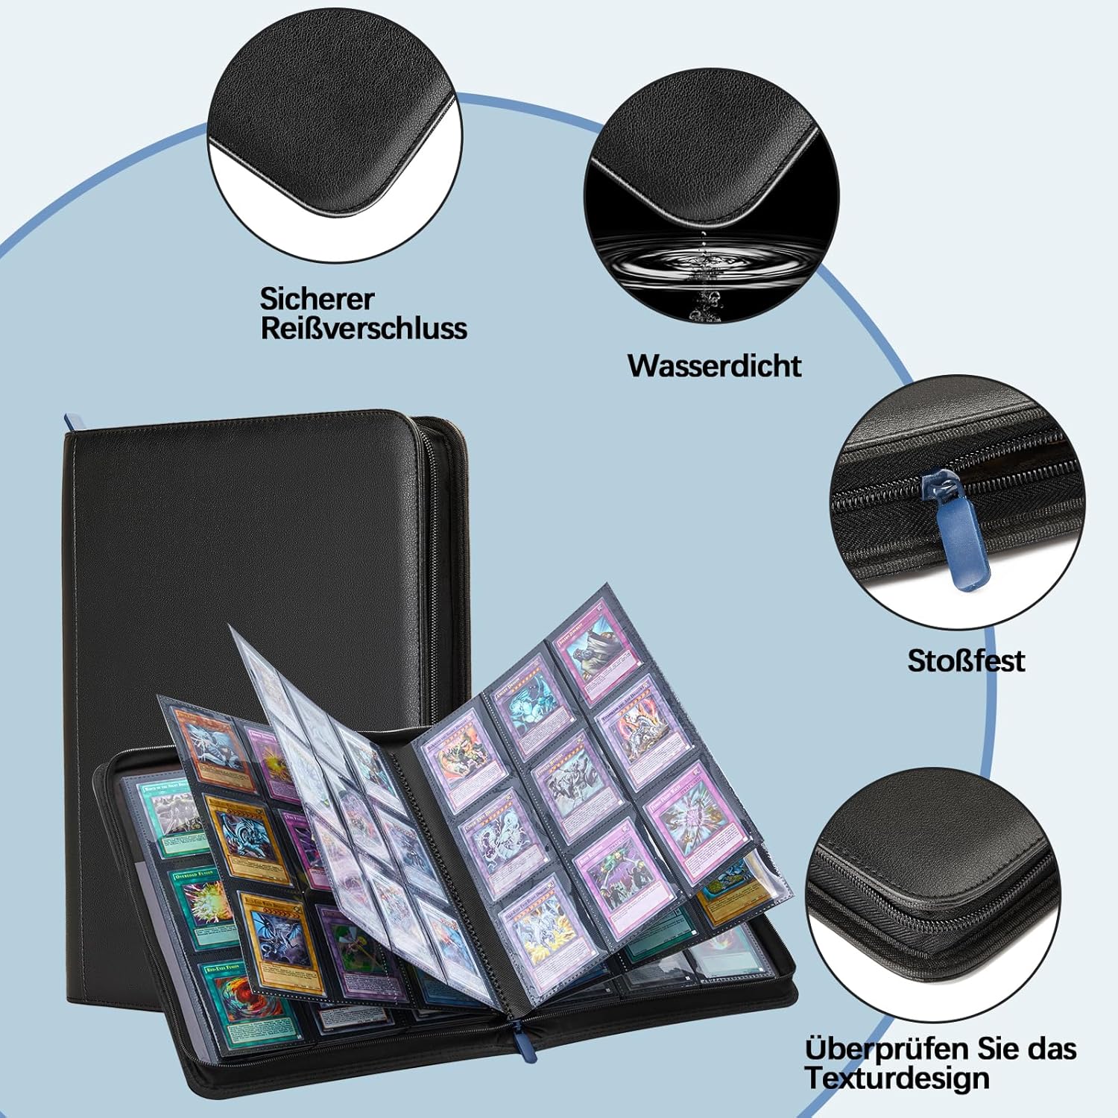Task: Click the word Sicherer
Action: click(316, 299)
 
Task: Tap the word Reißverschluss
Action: click(364, 329)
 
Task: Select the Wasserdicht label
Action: click(714, 366)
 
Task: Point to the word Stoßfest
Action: click(966, 661)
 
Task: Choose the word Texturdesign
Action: click(897, 1078)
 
